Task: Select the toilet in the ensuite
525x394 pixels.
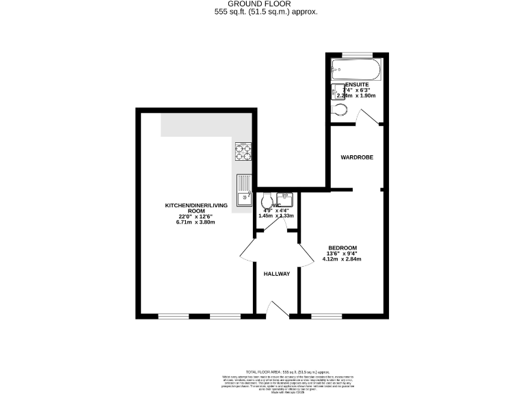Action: point(339,111)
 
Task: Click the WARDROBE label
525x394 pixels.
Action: point(357,157)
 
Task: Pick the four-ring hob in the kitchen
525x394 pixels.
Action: point(243,152)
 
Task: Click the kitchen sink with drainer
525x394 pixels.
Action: point(243,190)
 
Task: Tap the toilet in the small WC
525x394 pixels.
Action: point(266,200)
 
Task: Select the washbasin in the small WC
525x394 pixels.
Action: point(287,200)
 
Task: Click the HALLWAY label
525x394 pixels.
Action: point(277,274)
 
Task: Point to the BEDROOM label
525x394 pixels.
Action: point(342,248)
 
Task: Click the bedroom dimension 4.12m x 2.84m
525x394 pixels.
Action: point(342,259)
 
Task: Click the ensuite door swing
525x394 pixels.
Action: point(369,119)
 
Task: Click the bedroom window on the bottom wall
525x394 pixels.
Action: point(326,316)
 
